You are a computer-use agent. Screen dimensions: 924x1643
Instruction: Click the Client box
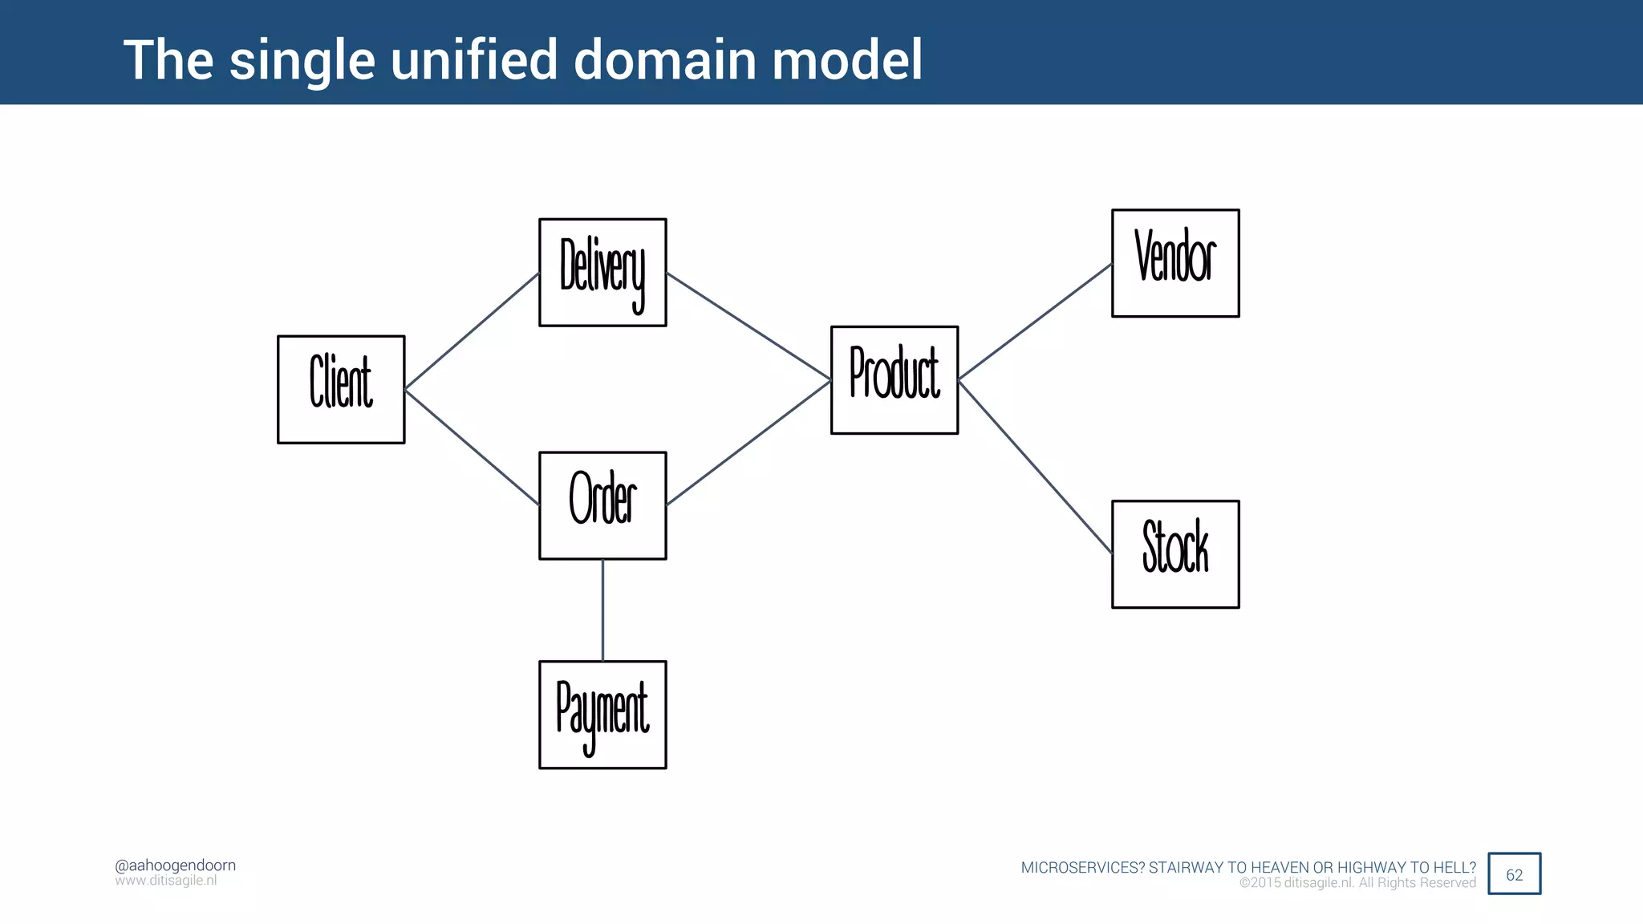(x=341, y=389)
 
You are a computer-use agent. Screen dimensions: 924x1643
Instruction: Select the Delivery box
(x=602, y=272)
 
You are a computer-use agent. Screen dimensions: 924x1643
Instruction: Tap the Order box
(x=602, y=505)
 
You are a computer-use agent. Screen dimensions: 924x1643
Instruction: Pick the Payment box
(x=602, y=715)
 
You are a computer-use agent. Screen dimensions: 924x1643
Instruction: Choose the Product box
(x=895, y=379)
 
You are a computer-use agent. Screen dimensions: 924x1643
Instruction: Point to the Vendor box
(x=1175, y=263)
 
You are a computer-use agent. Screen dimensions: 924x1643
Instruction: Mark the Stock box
(x=1175, y=554)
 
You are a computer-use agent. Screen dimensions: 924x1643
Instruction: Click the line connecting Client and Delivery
(x=472, y=331)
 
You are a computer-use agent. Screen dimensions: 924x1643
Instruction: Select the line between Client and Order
(x=472, y=448)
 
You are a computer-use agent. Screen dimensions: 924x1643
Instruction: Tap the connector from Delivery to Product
(x=748, y=326)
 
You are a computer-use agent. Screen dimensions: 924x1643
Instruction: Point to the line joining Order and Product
(x=748, y=443)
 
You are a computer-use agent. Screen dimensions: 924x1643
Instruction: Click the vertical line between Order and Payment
(x=602, y=610)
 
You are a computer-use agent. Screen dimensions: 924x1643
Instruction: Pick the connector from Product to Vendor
(x=1035, y=321)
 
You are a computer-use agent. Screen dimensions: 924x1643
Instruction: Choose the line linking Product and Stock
(x=1035, y=467)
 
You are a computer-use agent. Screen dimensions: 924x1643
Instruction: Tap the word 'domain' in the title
(x=665, y=60)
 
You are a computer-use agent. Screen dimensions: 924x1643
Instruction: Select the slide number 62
(x=1514, y=874)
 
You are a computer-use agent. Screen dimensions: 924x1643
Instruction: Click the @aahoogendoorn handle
(x=175, y=865)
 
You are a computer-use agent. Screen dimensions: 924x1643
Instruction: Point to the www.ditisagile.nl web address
(x=165, y=881)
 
